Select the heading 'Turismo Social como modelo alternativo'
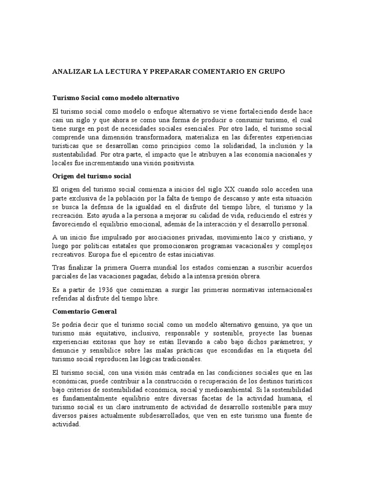[x=115, y=98]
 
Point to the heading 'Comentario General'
[x=81, y=311]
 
